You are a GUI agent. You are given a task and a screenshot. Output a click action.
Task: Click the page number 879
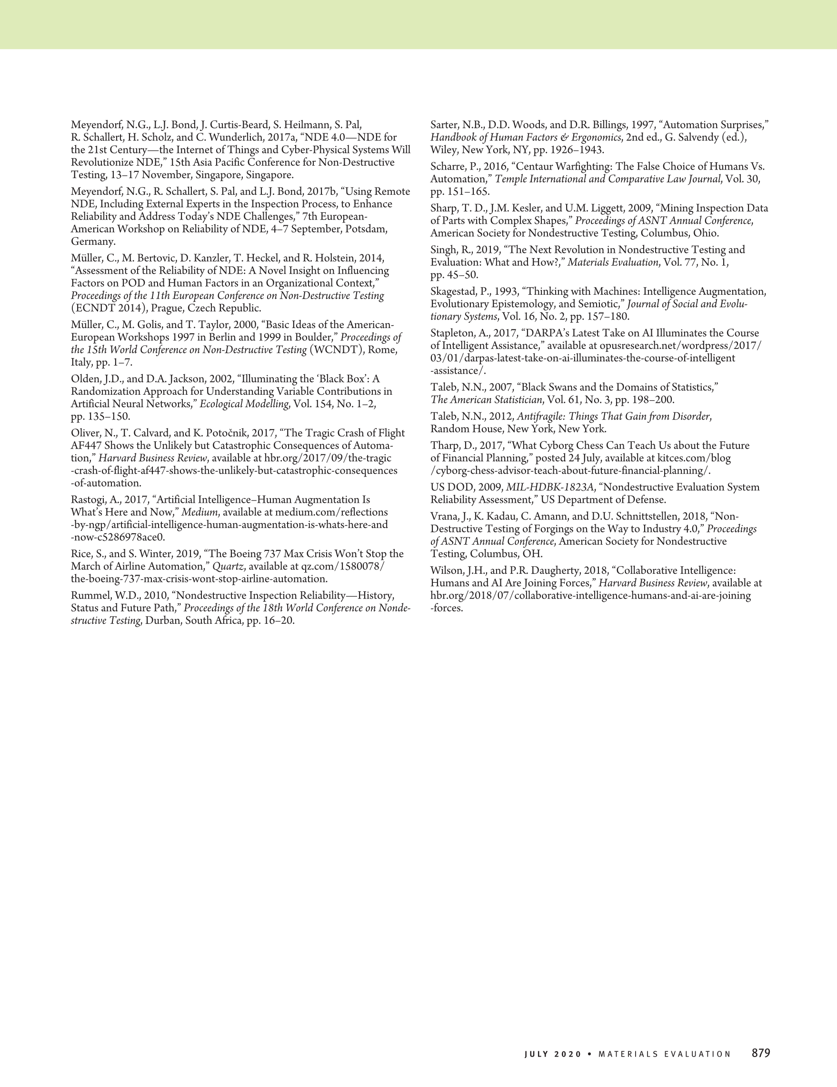pyautogui.click(x=761, y=1054)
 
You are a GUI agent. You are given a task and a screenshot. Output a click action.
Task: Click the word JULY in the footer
pyautogui.click(x=536, y=1054)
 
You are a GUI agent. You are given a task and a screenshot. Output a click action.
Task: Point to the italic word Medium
pyautogui.click(x=199, y=512)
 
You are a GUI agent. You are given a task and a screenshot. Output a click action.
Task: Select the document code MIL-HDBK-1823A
pyautogui.click(x=549, y=487)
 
